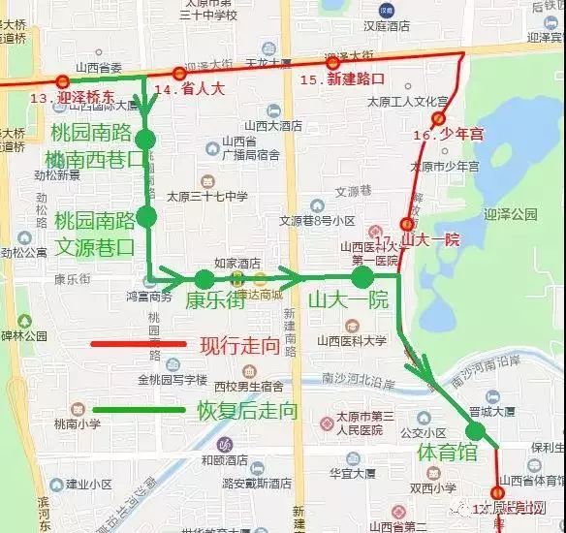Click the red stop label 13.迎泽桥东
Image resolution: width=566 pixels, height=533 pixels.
(x=72, y=98)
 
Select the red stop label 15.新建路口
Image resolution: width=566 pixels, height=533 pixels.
(x=342, y=78)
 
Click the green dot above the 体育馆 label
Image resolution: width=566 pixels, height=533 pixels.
(x=475, y=432)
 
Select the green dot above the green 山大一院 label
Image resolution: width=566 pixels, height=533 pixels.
(x=362, y=278)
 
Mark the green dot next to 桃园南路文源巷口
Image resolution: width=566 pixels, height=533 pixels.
(x=146, y=216)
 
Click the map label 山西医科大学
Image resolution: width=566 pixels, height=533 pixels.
(x=351, y=341)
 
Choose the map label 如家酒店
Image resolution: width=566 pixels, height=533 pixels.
(x=236, y=262)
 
